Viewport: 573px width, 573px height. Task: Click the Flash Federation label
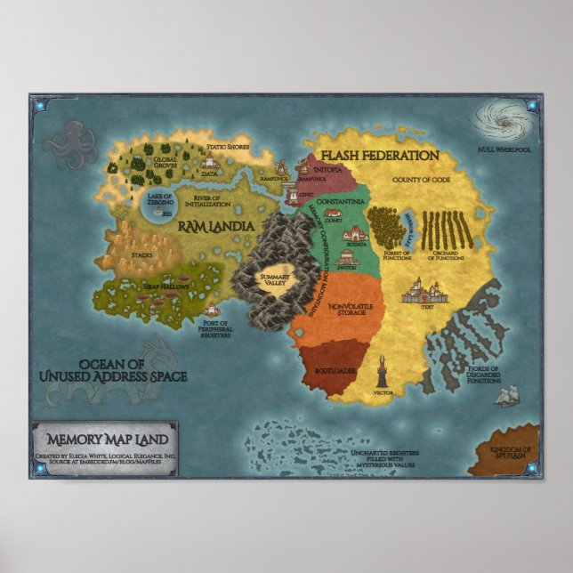380,155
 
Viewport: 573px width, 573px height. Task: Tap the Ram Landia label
216,227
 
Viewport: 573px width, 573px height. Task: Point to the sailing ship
506,396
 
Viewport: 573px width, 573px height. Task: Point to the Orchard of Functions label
447,257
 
